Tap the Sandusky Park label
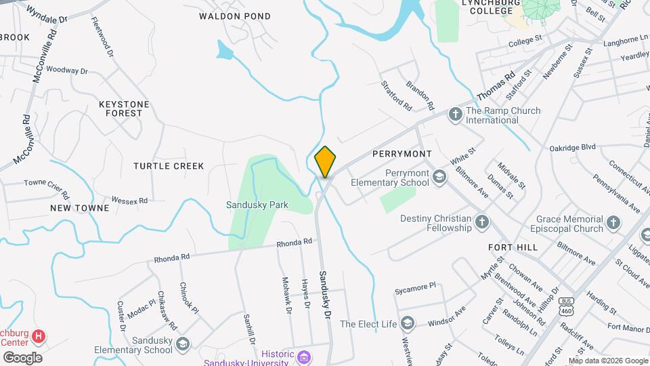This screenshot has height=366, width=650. click(257, 205)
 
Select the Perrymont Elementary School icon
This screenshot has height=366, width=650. click(440, 178)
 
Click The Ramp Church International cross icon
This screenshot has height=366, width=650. click(455, 115)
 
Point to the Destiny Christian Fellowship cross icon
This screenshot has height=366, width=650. click(481, 222)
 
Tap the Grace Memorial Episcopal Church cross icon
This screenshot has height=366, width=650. click(613, 222)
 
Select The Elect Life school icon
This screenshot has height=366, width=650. click(407, 323)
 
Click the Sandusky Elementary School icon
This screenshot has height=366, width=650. click(182, 344)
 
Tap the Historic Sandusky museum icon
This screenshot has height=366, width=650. click(304, 355)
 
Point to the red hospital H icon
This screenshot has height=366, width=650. click(39, 335)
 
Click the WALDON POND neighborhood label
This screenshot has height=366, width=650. click(235, 16)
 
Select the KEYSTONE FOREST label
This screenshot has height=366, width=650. click(124, 108)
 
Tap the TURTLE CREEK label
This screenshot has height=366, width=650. click(169, 166)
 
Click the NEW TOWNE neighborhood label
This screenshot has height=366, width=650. click(79, 208)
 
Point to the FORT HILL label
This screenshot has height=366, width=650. click(513, 247)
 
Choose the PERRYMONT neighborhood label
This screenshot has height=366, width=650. click(402, 154)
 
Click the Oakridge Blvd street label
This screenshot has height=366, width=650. click(572, 146)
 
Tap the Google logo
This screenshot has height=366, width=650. click(22, 358)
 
